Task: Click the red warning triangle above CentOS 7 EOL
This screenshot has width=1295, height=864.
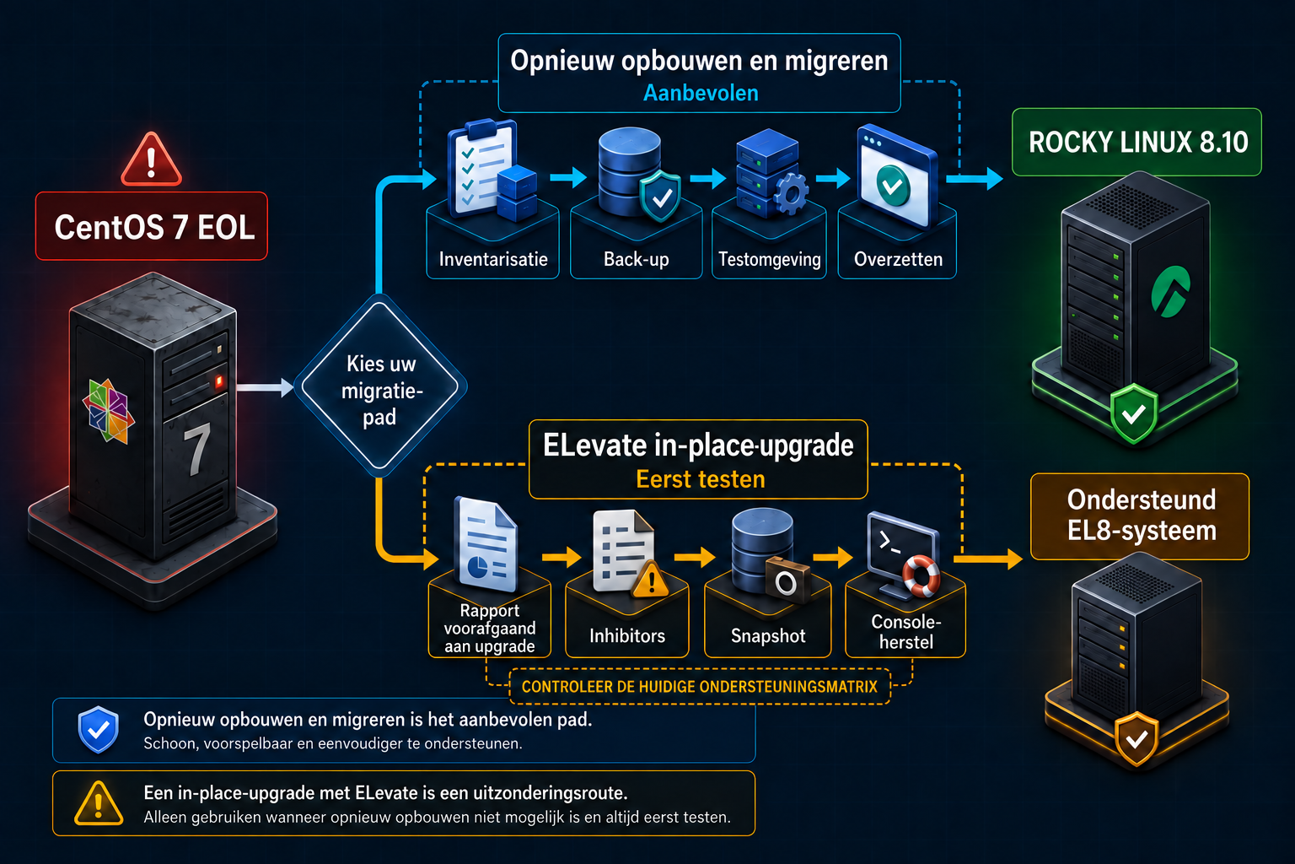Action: coord(152,159)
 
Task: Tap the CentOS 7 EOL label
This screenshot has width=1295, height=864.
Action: coord(152,226)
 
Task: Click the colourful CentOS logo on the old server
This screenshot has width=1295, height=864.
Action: coord(109,410)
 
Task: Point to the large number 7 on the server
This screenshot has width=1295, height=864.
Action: coord(196,449)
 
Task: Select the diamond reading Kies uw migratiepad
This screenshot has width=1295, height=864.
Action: coord(380,386)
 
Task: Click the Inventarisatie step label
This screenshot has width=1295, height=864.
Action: coord(493,259)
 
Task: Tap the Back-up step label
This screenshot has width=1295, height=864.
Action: coord(636,259)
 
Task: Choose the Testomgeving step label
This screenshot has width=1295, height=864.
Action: coord(770,259)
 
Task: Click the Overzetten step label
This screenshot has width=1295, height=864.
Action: coord(898,259)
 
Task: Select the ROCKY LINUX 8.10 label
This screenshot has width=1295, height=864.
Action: coord(1137,143)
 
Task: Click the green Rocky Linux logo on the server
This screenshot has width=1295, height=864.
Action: coord(1171,292)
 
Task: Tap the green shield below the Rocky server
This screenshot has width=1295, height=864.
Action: coord(1134,413)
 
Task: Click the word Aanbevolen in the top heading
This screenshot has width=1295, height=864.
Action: coord(701,93)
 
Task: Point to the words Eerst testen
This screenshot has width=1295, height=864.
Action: coord(700,480)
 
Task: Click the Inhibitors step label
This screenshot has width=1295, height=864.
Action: coord(627,636)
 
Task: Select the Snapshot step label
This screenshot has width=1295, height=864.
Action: coord(768,636)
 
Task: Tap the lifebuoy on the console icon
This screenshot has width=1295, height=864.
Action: coord(922,575)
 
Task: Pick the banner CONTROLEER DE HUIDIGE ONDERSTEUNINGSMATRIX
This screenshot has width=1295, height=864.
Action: coord(700,687)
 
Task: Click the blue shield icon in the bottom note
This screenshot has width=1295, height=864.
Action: coord(99,729)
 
